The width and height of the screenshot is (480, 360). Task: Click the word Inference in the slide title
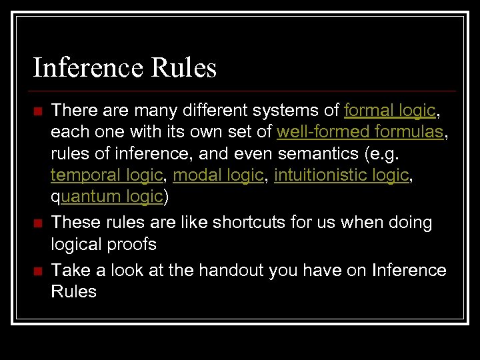[x=88, y=68]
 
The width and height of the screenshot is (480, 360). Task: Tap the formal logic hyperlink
[x=389, y=110]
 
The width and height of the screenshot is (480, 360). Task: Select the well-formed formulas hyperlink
[x=360, y=132]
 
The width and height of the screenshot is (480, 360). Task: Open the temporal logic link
[x=107, y=175]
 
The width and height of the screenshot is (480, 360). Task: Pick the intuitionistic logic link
[x=341, y=175]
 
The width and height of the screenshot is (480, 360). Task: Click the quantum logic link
[x=107, y=197]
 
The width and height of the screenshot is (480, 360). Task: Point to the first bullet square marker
[x=38, y=111]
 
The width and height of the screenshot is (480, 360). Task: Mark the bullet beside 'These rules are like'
[x=38, y=223]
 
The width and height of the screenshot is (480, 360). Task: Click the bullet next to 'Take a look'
[x=38, y=271]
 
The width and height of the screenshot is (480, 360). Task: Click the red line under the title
[x=244, y=91]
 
